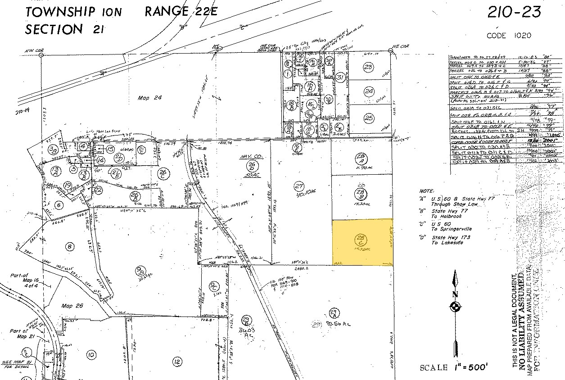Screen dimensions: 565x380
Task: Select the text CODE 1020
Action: pos(509,36)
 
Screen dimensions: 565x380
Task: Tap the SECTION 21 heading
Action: pos(63,29)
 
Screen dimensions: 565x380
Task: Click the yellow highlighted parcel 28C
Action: pos(362,242)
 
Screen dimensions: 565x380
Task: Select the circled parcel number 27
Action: pos(298,186)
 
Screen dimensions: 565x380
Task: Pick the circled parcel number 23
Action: pos(369,68)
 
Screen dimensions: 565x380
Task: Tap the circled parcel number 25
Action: pos(369,118)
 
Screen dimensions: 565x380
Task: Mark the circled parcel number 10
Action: pos(91,355)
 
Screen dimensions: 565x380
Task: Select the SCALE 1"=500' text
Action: pos(454,367)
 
